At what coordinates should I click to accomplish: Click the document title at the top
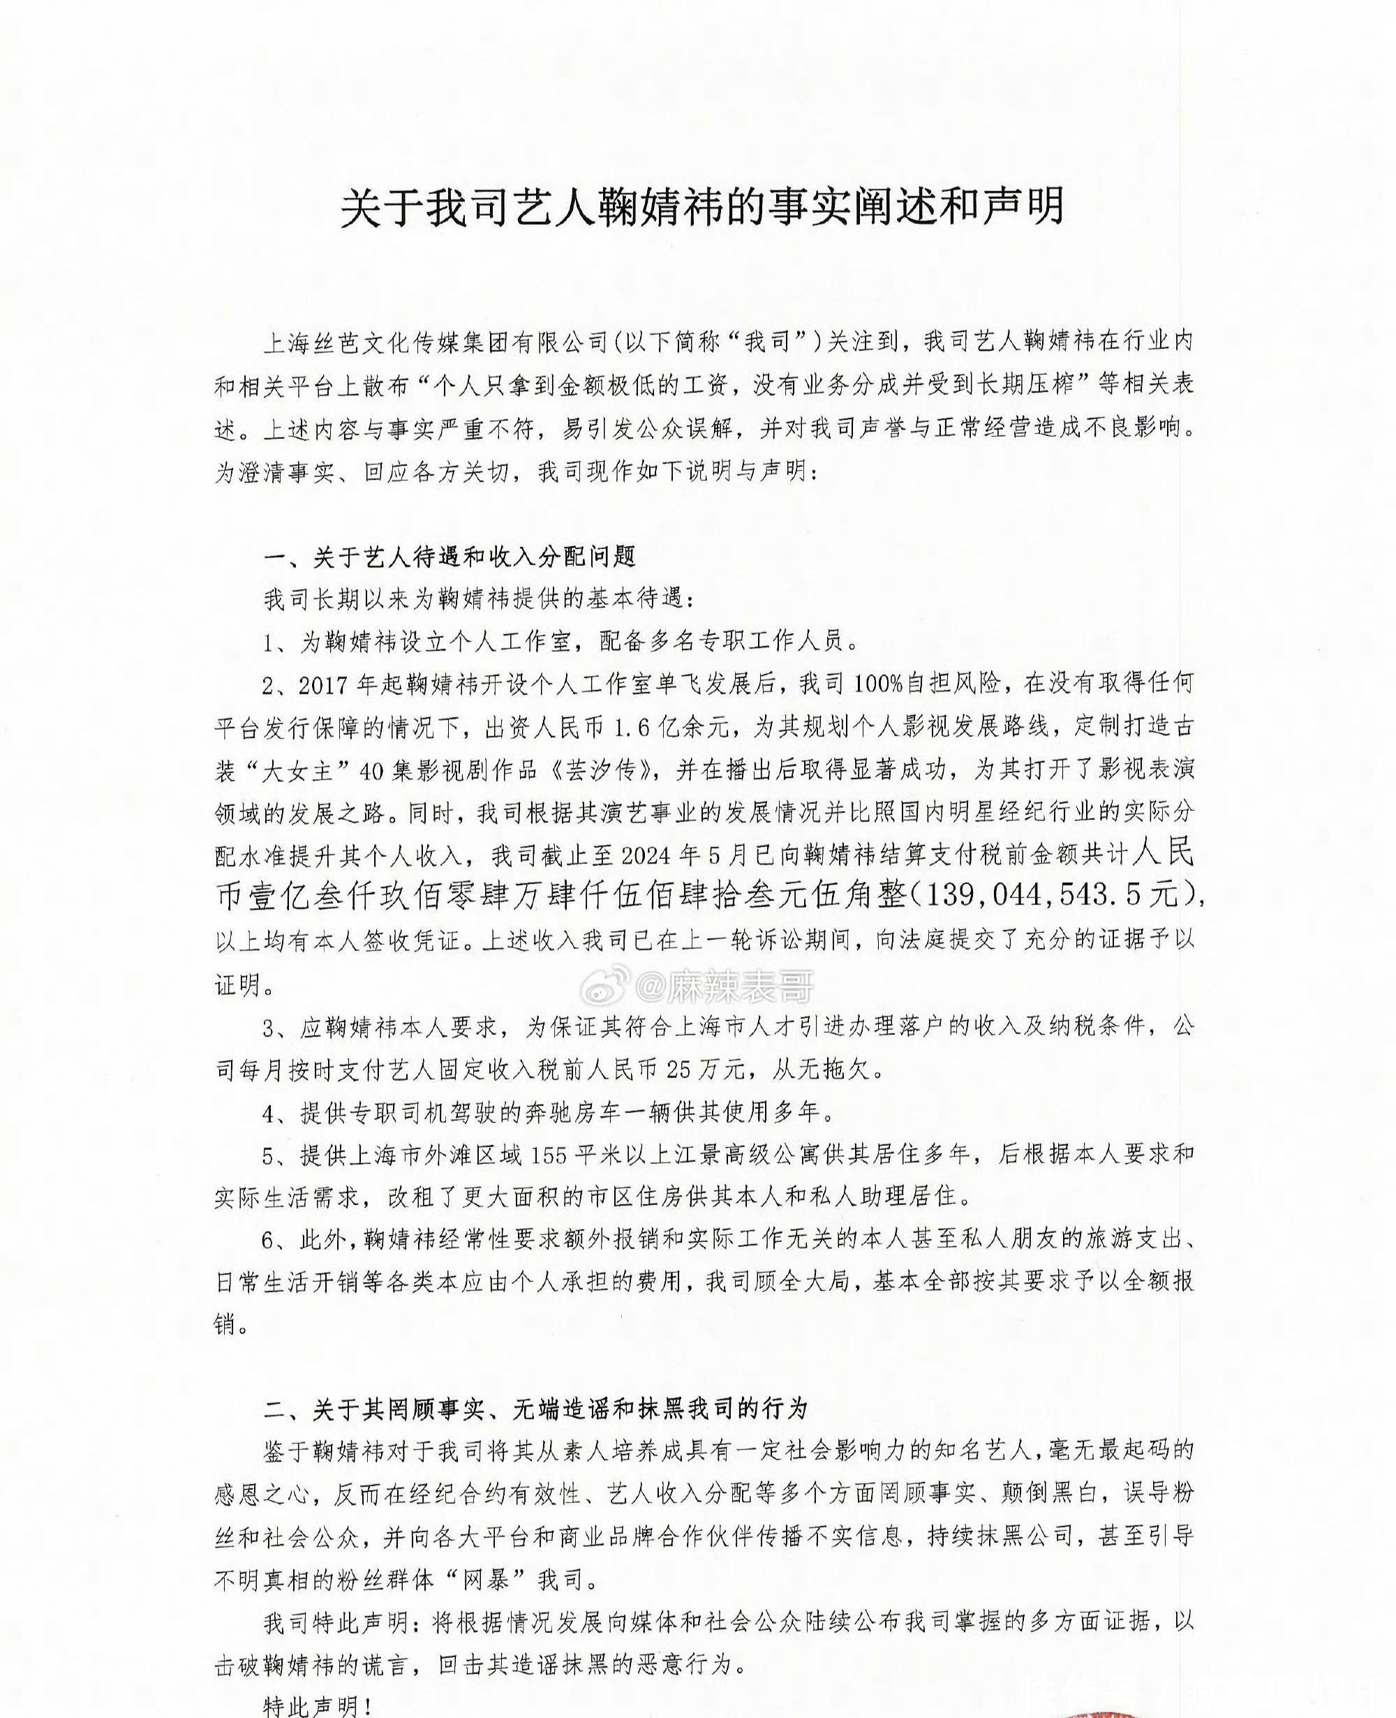[x=702, y=207]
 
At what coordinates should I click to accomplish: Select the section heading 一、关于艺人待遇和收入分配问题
[x=450, y=555]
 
